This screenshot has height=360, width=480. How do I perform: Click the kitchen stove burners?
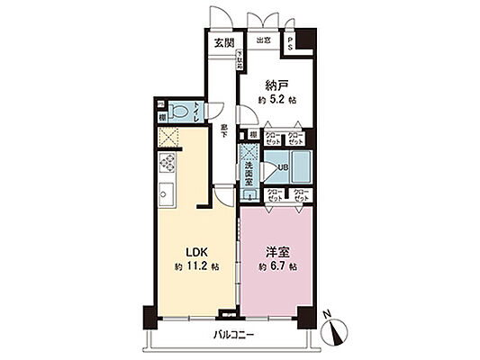168,164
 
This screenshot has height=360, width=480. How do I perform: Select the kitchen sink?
168,192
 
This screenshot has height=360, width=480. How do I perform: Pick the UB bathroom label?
282,166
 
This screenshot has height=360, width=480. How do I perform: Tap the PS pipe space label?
290,44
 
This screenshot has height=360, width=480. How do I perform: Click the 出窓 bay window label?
264,41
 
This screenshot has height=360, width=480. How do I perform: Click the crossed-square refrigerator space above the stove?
167,139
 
